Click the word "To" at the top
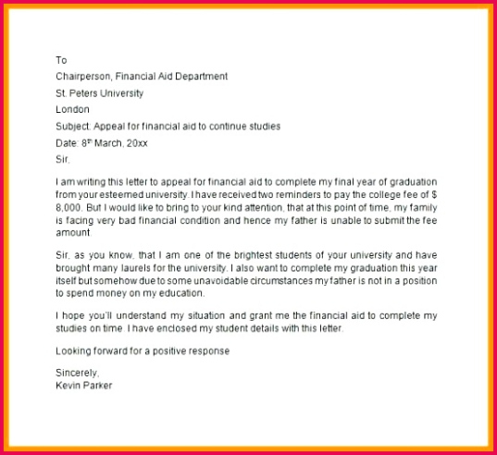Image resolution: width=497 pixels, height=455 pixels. point(61,59)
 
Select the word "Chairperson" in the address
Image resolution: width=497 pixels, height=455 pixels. point(84,76)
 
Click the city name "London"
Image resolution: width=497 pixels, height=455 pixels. point(73,109)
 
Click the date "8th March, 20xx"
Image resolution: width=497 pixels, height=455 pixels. point(113,142)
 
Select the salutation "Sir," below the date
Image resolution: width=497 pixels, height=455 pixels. point(63,159)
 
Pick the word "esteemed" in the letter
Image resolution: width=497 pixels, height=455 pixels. point(125,197)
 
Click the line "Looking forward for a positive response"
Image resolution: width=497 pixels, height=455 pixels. point(142,351)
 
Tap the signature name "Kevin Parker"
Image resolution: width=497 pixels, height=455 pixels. point(84,386)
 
